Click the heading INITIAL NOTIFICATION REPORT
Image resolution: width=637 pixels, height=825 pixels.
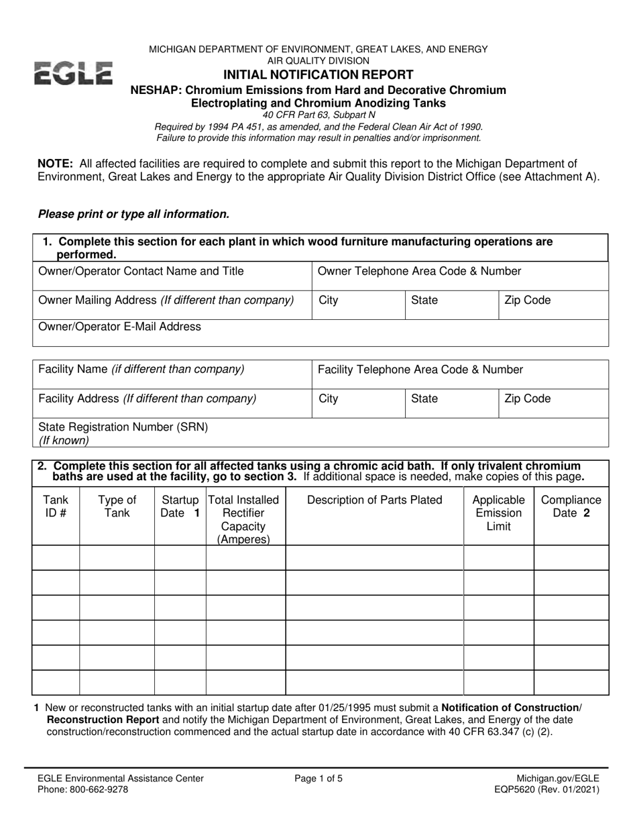click(318, 75)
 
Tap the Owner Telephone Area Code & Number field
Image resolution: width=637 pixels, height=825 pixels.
click(460, 276)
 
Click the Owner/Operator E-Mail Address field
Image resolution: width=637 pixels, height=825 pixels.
click(321, 333)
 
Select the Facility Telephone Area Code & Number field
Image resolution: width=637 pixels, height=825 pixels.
click(460, 374)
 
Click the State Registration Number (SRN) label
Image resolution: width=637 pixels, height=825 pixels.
click(123, 427)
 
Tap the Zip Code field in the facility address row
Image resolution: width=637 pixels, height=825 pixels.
click(553, 403)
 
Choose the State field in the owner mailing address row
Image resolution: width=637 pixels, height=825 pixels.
click(451, 305)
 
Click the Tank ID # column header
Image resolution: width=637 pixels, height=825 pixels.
click(56, 506)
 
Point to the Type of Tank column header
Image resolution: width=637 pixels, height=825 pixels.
click(117, 506)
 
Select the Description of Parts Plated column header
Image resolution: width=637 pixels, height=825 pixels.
click(374, 500)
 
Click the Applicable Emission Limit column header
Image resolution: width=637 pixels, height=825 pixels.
click(498, 513)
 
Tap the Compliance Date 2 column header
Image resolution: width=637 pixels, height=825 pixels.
click(571, 506)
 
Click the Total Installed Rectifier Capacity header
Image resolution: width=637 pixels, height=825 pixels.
click(245, 519)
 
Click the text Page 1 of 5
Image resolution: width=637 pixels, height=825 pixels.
click(318, 779)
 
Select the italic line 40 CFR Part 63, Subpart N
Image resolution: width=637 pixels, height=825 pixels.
click(318, 115)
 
